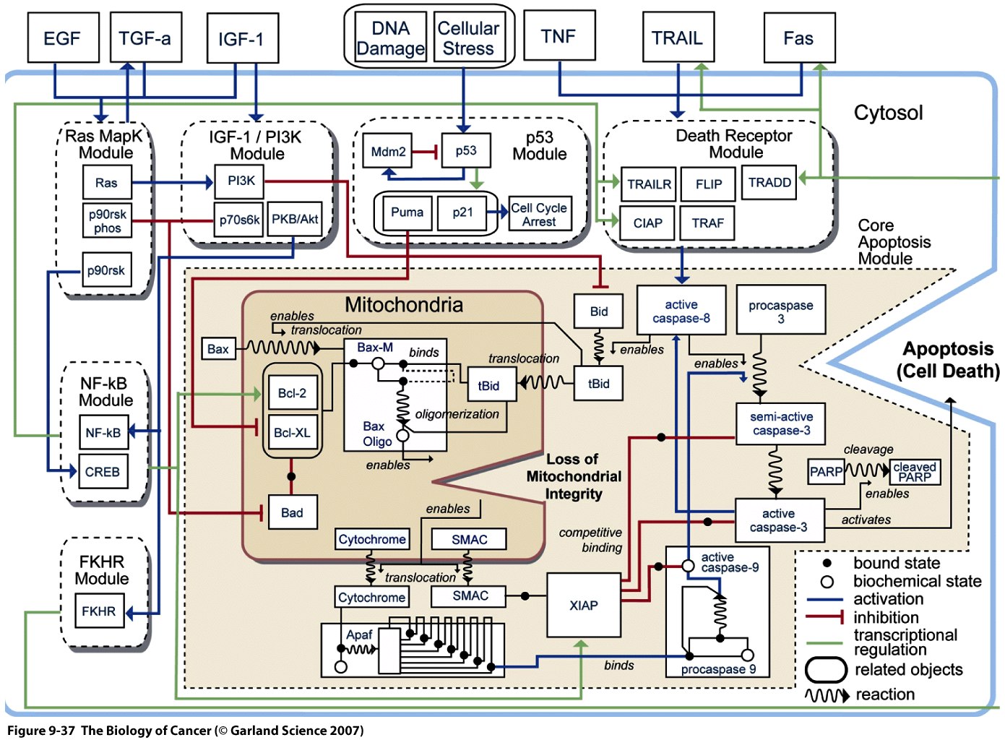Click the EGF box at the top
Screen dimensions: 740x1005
63,38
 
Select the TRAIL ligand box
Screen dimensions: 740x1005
678,38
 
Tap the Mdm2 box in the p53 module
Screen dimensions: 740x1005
388,152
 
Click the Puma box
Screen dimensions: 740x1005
407,212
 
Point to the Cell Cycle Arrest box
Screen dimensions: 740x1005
540,215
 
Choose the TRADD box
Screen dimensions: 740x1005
769,183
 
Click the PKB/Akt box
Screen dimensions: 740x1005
295,220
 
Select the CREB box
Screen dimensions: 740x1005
103,472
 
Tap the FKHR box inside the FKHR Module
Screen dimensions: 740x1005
99,611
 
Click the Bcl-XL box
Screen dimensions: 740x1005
292,433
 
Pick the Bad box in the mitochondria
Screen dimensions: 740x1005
292,513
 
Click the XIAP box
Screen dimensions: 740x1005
583,606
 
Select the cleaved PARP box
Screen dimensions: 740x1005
915,472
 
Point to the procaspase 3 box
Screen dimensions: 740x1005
780,311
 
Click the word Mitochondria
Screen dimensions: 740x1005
404,305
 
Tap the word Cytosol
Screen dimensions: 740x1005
888,113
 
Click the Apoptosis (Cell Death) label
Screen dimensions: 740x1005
948,360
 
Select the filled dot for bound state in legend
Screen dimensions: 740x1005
827,563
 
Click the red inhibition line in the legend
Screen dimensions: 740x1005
825,617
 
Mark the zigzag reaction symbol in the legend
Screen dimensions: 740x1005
827,695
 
